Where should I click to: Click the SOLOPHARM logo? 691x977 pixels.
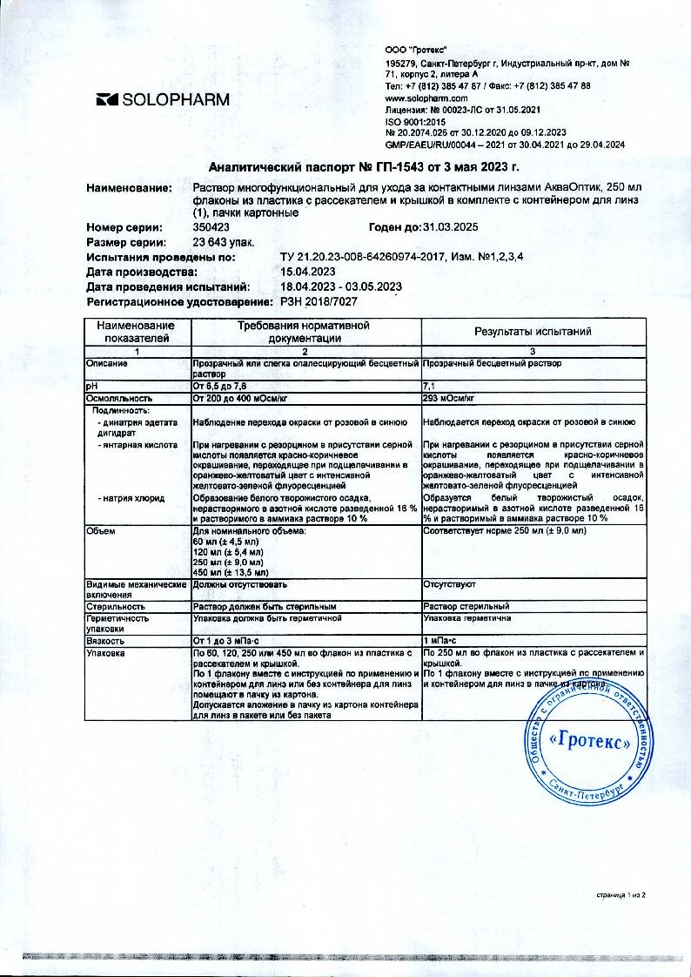point(163,99)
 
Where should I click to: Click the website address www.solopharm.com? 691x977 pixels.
point(422,98)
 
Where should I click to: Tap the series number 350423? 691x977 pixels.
point(211,226)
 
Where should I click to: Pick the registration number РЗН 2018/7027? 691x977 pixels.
point(318,300)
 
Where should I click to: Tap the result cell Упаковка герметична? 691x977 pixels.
point(466,617)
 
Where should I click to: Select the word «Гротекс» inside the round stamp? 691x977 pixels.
point(592,742)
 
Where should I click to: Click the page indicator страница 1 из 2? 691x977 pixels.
point(621,894)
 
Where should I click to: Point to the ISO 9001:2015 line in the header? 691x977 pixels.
point(409,122)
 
